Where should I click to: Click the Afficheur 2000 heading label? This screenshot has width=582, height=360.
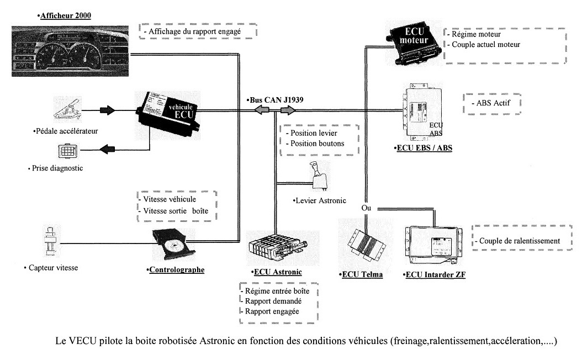65,16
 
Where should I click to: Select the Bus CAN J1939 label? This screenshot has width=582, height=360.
274,99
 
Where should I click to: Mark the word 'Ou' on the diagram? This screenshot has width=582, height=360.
366,209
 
